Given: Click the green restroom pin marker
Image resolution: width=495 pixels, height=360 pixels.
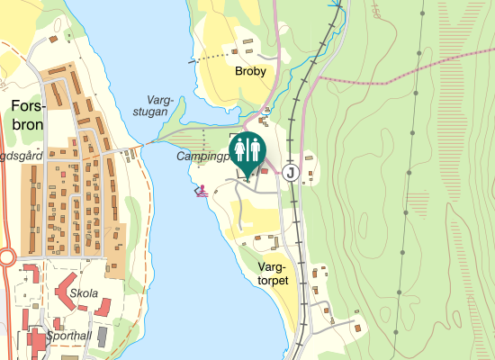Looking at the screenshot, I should point(247,152).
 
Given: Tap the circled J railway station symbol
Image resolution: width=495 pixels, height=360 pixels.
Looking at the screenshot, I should point(290,172).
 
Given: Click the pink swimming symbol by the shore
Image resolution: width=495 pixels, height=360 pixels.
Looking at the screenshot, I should point(203,190).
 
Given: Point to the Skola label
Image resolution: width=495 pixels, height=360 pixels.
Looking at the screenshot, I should point(83,293).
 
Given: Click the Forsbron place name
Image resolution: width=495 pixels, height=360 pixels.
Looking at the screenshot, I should point(27,116).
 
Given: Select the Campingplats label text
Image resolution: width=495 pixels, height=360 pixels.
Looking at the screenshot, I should point(202,156).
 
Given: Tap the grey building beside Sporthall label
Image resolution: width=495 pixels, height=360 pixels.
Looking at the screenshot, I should point(103,336).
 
